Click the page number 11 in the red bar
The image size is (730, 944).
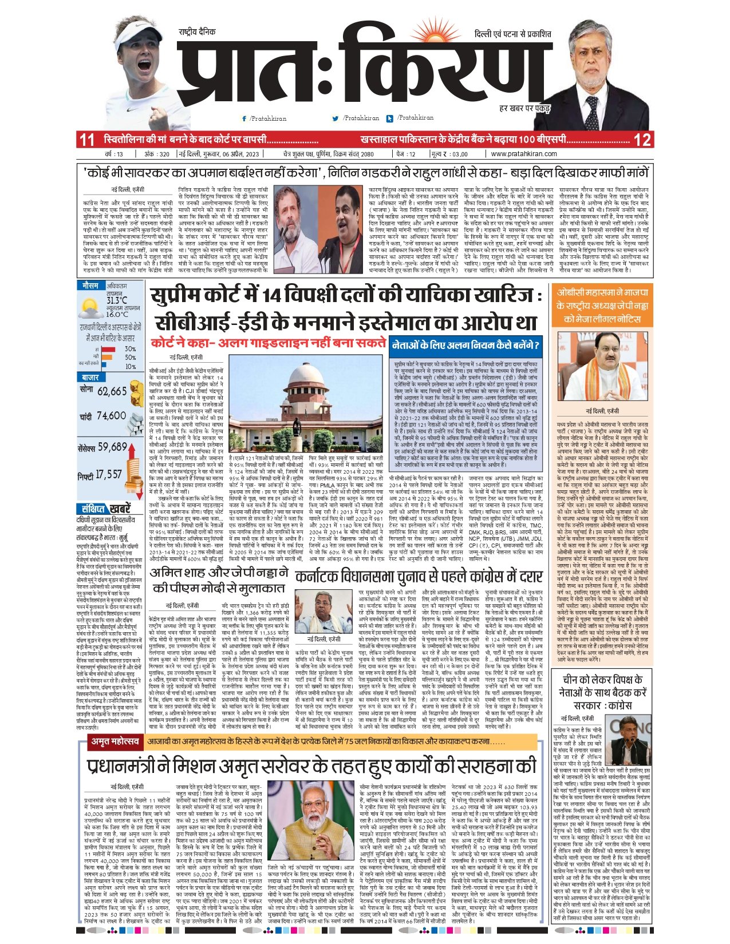point(86,140)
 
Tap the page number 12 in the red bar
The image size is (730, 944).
point(642,140)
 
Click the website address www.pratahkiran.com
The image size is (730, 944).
point(523,154)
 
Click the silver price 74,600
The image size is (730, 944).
point(111,416)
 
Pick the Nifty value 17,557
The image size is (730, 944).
point(109,474)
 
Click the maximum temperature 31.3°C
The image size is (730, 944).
point(117,300)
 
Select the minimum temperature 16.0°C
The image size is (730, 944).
point(117,314)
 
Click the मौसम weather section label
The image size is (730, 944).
point(90,285)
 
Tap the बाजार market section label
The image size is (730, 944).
point(90,378)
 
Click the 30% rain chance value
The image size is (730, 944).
point(130,349)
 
